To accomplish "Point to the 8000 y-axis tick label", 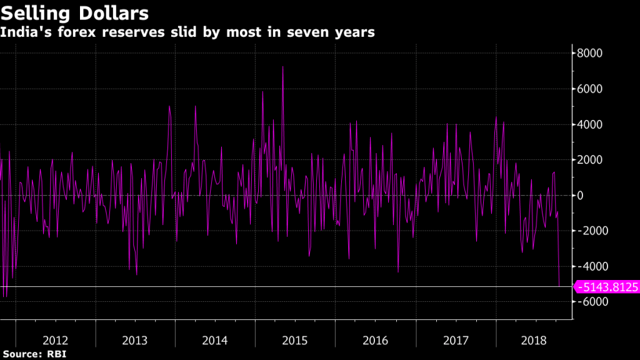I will coord(589,53).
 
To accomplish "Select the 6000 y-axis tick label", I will coord(589,89).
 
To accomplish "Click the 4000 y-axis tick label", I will coord(589,124).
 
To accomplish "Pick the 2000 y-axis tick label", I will coord(589,160).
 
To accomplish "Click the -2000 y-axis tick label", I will coord(591,231).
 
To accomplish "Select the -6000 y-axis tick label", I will coord(591,301).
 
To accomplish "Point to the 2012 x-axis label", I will coord(56,341).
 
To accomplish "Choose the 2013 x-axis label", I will coord(136,341).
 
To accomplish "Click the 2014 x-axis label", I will coord(216,341).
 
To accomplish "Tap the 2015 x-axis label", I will coord(296,341).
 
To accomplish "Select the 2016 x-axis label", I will coord(376,341).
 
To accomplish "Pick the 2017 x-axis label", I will coord(456,341).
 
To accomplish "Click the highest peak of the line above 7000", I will coord(283,66).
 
